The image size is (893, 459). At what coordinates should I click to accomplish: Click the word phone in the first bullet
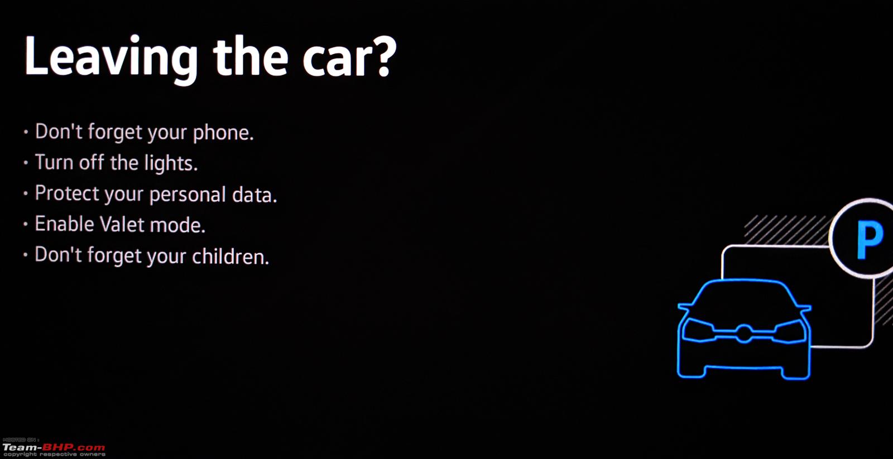click(223, 133)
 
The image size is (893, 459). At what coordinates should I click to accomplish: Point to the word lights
click(171, 163)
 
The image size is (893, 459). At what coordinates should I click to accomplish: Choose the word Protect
click(67, 194)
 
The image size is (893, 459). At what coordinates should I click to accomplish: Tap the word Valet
click(122, 224)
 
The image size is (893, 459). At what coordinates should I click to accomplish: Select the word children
click(231, 256)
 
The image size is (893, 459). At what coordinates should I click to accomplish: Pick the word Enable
click(65, 224)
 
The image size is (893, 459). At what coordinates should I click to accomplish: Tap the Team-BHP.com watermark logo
click(54, 448)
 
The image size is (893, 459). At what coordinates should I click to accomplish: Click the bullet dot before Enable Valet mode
click(26, 224)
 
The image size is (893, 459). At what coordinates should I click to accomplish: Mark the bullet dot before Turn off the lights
click(26, 162)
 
